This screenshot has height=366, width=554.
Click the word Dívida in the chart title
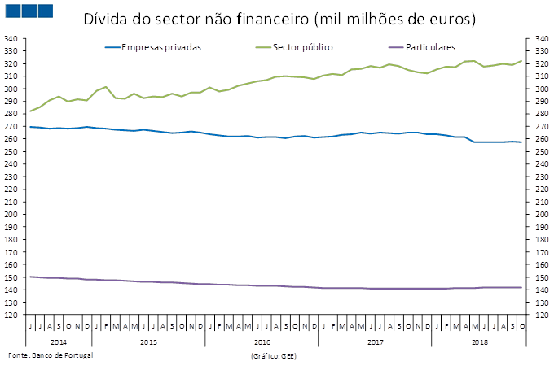pyautogui.click(x=103, y=19)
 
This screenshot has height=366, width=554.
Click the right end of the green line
pyautogui.click(x=521, y=61)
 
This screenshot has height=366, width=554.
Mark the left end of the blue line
pyautogui.click(x=29, y=127)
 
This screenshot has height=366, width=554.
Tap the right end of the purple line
pyautogui.click(x=521, y=287)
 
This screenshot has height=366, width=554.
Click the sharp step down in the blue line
pyautogui.click(x=471, y=140)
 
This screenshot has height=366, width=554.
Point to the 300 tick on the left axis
pyautogui.click(x=11, y=76)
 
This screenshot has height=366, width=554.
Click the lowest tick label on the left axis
pyautogui.click(x=11, y=315)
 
